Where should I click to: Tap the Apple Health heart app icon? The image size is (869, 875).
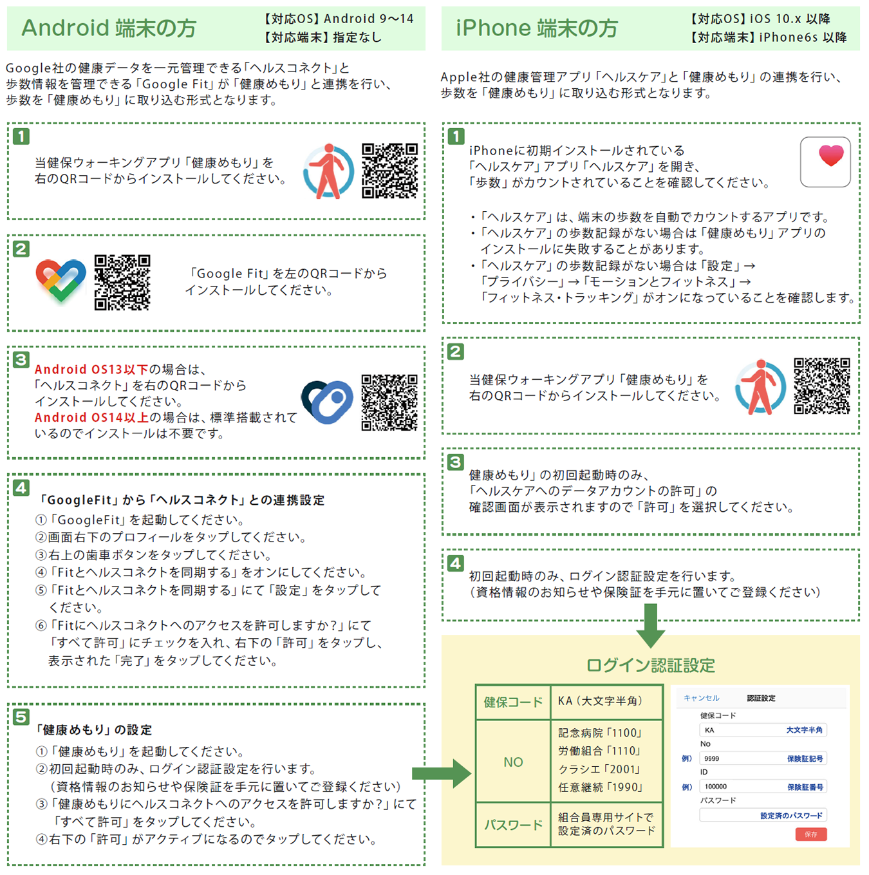[825, 162]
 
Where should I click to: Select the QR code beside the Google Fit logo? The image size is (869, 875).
[122, 283]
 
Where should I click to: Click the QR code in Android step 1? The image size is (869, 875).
[389, 171]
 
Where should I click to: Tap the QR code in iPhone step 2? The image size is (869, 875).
[822, 386]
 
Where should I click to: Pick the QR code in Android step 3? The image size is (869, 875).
[389, 402]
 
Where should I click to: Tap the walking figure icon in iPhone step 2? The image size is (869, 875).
[761, 387]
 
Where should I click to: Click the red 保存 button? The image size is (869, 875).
[811, 834]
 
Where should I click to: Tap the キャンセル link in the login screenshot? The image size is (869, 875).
[702, 698]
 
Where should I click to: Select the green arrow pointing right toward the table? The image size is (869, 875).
[442, 773]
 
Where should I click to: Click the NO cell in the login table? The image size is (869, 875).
[513, 762]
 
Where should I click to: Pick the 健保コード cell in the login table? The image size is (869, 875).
[513, 702]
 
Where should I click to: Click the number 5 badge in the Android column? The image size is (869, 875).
[21, 717]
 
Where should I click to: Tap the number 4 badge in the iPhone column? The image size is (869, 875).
[456, 563]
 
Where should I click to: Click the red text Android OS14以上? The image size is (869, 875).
[91, 417]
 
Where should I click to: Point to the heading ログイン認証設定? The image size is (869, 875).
[651, 666]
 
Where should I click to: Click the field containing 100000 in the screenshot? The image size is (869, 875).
[763, 786]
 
